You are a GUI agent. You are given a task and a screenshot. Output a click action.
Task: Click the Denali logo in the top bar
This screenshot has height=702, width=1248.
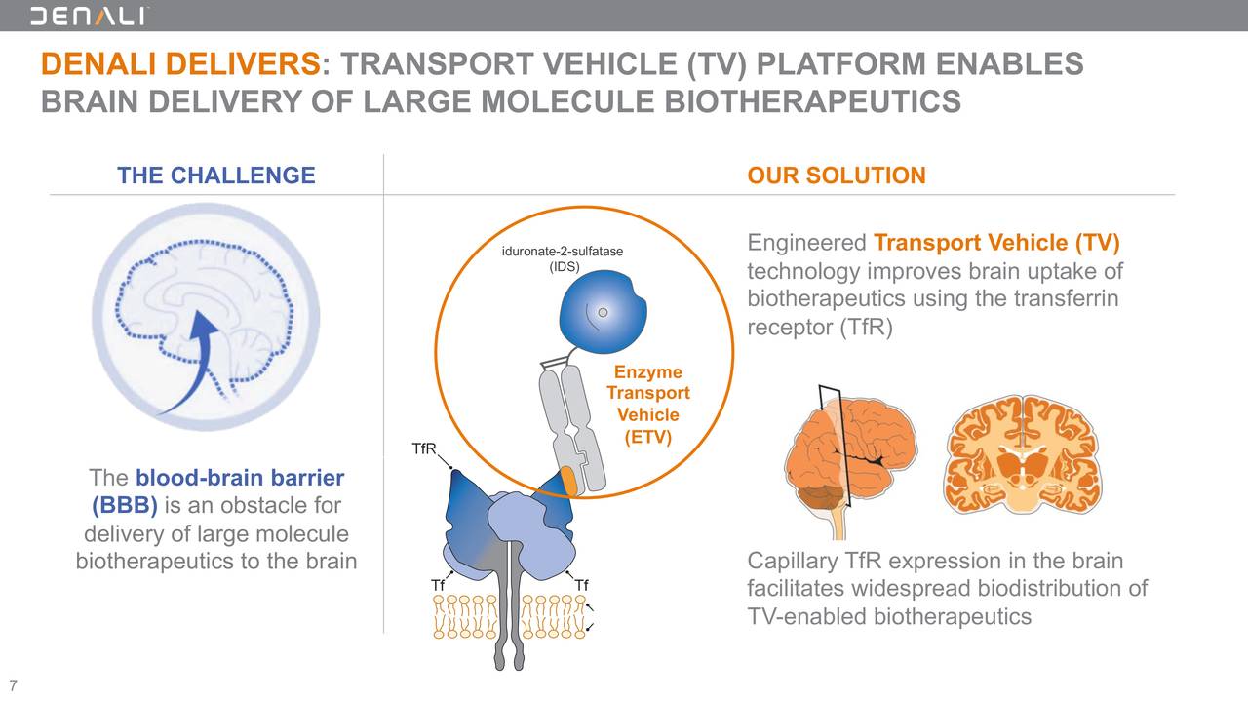pyautogui.click(x=90, y=16)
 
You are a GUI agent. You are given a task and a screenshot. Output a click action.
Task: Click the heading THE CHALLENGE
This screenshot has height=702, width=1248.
pyautogui.click(x=215, y=175)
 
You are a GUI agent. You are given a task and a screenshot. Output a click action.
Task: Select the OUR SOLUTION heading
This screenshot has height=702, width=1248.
pyautogui.click(x=836, y=175)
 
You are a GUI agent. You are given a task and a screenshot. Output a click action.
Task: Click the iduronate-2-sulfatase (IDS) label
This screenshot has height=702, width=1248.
pyautogui.click(x=563, y=259)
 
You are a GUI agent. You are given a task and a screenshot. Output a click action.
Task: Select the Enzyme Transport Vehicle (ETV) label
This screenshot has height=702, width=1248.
pyautogui.click(x=647, y=405)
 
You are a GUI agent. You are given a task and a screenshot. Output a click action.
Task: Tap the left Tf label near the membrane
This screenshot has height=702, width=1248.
pyautogui.click(x=438, y=585)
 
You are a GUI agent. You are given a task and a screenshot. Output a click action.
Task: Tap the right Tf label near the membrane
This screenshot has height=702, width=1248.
pyautogui.click(x=581, y=585)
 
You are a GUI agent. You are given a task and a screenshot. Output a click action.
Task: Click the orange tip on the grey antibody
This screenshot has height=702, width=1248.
pyautogui.click(x=568, y=480)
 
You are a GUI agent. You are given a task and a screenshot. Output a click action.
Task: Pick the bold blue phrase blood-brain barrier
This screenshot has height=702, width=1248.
pyautogui.click(x=240, y=478)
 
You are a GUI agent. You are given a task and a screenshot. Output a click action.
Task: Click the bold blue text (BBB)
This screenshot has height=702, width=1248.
pyautogui.click(x=125, y=505)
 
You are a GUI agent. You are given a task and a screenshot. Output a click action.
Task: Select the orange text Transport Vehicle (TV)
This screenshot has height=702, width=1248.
pyautogui.click(x=996, y=242)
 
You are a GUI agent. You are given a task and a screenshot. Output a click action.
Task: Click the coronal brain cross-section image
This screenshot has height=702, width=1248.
pyautogui.click(x=1021, y=454)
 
